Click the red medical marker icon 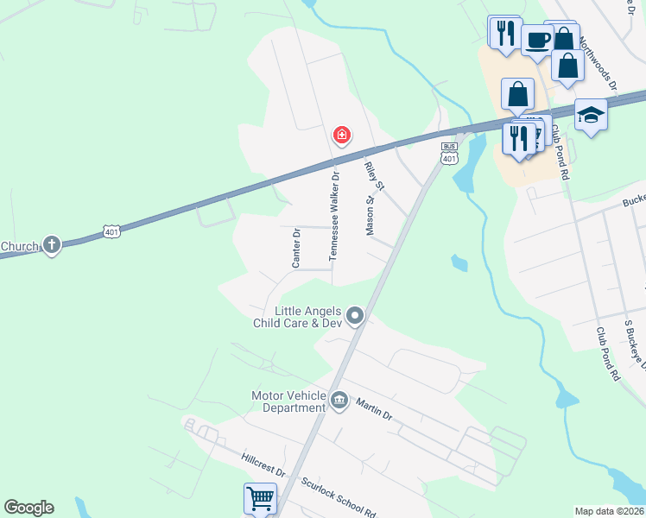(342, 136)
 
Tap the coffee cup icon (537, 40)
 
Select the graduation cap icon (591, 115)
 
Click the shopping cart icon (260, 498)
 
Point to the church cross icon (52, 245)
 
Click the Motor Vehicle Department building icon (339, 401)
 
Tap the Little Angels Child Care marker (354, 318)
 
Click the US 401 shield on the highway (111, 231)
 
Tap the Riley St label (374, 176)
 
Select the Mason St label (370, 215)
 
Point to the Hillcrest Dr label (264, 464)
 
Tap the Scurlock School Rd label (338, 496)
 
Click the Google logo (28, 508)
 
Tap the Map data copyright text (609, 511)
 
